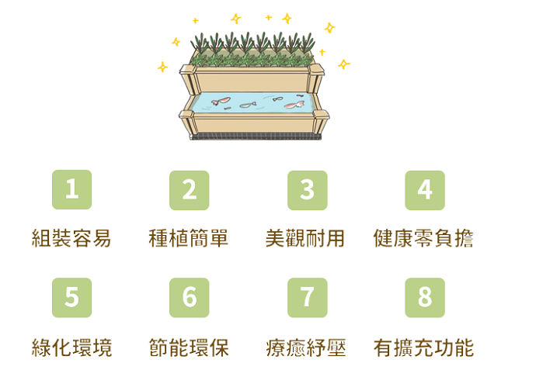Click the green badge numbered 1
point(71,189)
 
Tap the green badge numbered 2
point(190,190)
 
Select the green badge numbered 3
point(308,190)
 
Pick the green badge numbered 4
point(425,190)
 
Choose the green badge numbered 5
point(71,297)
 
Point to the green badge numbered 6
point(190,297)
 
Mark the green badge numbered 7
point(308,297)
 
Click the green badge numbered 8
point(425,297)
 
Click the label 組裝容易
point(71,238)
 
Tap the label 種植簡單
point(188,238)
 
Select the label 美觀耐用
point(305,238)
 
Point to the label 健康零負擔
point(423,238)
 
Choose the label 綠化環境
point(71,348)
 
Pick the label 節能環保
point(189,348)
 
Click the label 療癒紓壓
point(306,348)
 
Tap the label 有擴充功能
point(424,348)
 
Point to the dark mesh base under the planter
point(256,137)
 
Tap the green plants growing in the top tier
point(252,50)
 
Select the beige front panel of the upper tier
point(252,81)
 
